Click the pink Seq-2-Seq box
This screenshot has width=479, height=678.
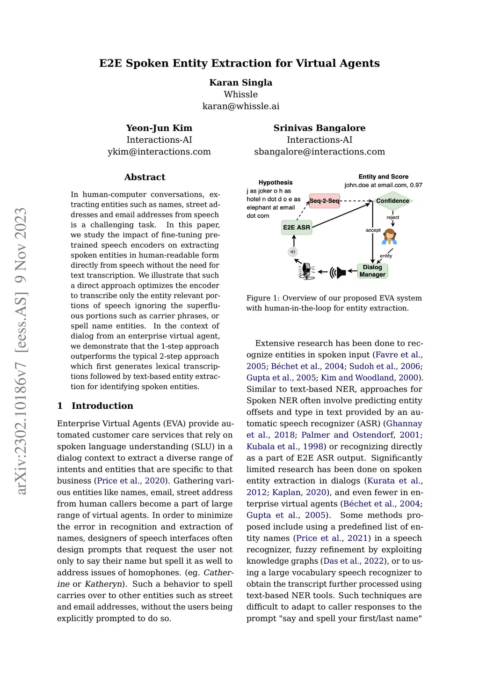(324, 201)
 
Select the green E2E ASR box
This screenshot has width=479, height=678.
(297, 228)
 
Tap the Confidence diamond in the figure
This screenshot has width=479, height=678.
(392, 201)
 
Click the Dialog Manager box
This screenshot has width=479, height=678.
(372, 271)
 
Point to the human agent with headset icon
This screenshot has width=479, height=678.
(389, 237)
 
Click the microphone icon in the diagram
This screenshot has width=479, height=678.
(306, 271)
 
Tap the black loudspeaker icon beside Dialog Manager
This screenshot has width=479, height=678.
(338, 272)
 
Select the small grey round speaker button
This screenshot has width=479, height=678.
(293, 252)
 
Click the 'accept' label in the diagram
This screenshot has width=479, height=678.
(373, 230)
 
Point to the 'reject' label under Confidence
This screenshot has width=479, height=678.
(393, 217)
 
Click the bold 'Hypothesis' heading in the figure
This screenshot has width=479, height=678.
(276, 183)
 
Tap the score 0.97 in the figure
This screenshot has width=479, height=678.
(416, 185)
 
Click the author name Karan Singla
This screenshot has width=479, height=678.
(240, 82)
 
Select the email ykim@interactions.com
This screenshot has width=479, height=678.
(159, 152)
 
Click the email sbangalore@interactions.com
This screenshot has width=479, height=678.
(319, 152)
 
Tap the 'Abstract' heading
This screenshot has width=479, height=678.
(145, 177)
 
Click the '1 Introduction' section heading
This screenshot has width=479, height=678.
(95, 405)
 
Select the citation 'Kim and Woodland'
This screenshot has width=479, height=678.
(357, 378)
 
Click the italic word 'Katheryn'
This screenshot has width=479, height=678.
(103, 584)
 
